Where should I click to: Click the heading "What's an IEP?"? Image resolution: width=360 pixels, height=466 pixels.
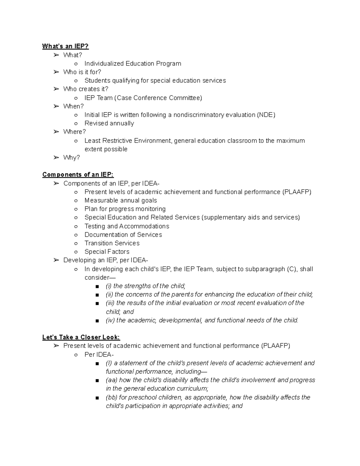click(x=65, y=46)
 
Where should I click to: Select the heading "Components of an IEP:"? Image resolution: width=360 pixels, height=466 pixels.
click(x=78, y=175)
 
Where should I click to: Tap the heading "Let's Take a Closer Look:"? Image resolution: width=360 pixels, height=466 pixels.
click(x=81, y=337)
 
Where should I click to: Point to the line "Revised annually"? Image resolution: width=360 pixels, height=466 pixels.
click(x=109, y=123)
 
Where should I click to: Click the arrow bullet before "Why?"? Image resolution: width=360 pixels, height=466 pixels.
click(x=56, y=158)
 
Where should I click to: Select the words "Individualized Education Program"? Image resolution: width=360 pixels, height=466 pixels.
click(x=133, y=64)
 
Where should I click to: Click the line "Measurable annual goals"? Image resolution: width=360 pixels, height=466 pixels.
click(x=121, y=200)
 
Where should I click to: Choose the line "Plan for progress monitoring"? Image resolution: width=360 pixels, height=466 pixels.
click(x=125, y=209)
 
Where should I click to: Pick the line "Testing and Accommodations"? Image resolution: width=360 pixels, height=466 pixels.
click(x=127, y=226)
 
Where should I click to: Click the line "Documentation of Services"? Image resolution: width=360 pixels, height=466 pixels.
click(x=123, y=235)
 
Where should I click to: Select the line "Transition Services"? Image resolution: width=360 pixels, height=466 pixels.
click(x=112, y=243)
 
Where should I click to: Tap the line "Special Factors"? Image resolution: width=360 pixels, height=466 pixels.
click(x=107, y=252)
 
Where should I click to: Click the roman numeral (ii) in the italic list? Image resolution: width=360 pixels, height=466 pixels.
click(x=109, y=295)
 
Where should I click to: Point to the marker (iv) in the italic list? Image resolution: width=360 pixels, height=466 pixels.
click(x=110, y=320)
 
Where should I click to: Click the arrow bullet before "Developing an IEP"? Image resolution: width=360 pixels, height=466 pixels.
click(x=56, y=260)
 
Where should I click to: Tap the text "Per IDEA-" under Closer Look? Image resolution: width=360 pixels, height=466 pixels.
click(x=99, y=355)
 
